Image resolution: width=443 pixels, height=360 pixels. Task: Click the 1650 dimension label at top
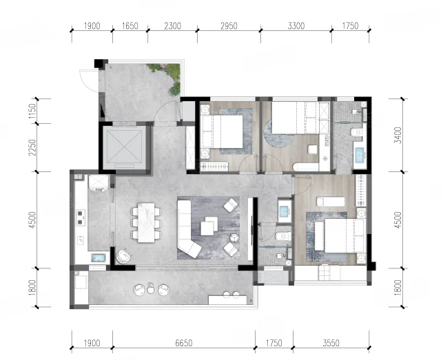(x=130, y=26)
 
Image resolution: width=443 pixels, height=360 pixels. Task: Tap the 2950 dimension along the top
(x=229, y=26)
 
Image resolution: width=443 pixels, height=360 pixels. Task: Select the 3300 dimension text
(x=296, y=26)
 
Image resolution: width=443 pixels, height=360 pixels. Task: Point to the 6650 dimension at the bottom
(x=184, y=343)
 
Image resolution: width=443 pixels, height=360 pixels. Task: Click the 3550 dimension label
(x=331, y=343)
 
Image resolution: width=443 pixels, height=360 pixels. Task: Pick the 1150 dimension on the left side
(x=32, y=112)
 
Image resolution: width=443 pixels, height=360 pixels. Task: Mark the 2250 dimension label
(x=32, y=147)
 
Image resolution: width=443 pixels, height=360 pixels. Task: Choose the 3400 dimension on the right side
(x=398, y=135)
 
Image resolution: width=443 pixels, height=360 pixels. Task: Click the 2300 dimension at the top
(x=172, y=26)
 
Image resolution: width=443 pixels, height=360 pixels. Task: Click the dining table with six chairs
(x=146, y=222)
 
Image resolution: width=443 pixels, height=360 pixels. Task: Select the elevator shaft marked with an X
(x=124, y=147)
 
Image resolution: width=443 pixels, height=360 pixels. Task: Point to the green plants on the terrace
(x=169, y=76)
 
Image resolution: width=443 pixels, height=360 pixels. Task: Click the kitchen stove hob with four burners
(x=81, y=218)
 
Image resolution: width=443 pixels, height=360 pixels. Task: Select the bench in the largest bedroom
(x=331, y=202)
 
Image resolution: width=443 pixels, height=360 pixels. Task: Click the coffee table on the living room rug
(x=209, y=226)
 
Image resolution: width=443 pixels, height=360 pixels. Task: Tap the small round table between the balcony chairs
(x=151, y=289)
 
